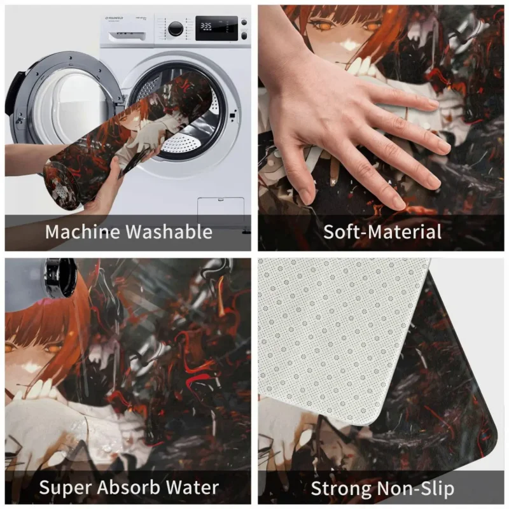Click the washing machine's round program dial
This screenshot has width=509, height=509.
point(176,29)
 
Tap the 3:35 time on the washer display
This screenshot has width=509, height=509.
point(206,25)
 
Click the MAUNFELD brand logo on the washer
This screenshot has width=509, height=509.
point(114,18)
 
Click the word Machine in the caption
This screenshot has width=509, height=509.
point(82,232)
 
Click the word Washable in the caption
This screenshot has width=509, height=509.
point(169,232)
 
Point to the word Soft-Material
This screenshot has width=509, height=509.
point(382,232)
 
